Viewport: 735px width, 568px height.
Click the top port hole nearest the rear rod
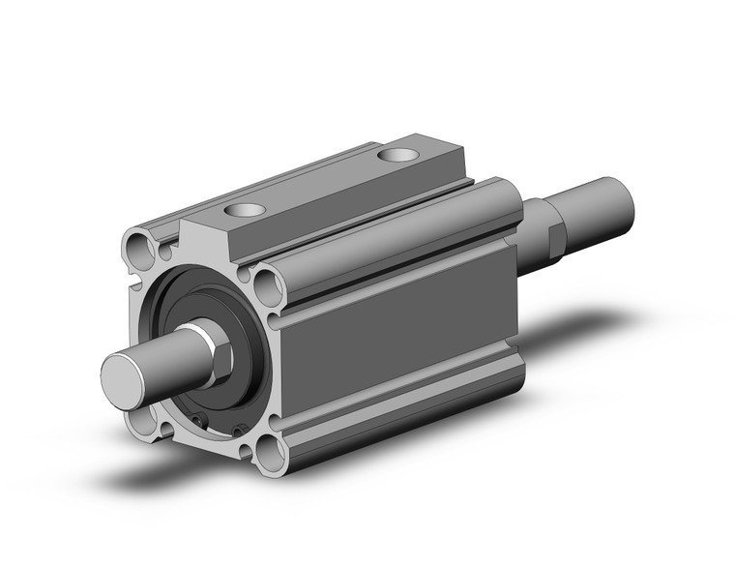point(397,154)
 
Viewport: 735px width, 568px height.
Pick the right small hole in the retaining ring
point(235,429)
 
